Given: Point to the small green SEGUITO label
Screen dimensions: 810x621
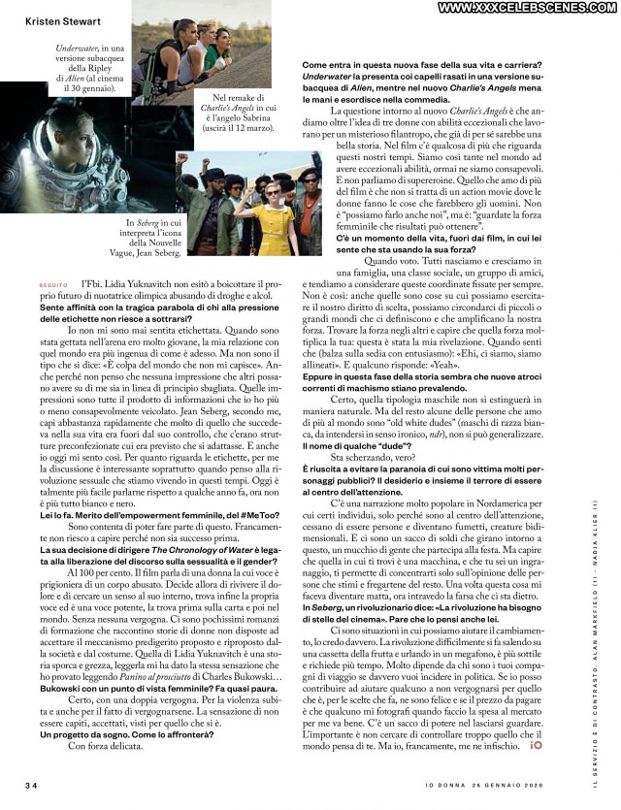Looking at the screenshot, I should click(x=52, y=284).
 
